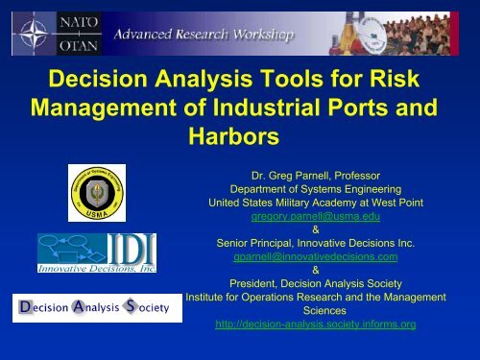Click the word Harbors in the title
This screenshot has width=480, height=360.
pos(239,137)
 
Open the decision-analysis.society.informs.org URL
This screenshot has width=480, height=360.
pos(316,324)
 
